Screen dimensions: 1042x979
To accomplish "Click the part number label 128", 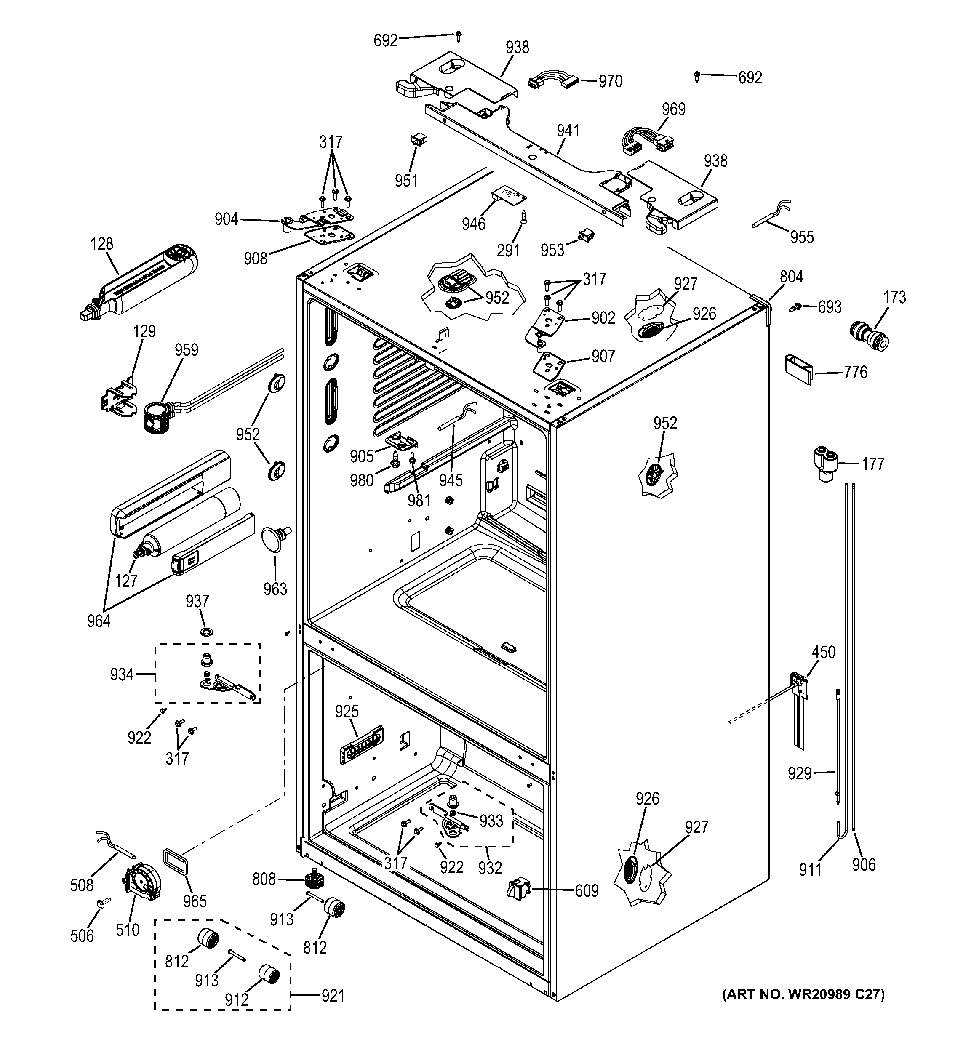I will tap(101, 244).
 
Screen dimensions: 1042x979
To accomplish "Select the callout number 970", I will tap(610, 81).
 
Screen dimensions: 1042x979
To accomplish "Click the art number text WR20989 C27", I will tap(803, 994).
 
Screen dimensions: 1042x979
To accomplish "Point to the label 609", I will tap(587, 890).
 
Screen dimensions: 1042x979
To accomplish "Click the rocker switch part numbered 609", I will tap(518, 890).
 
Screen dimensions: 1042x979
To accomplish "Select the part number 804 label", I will tap(791, 276).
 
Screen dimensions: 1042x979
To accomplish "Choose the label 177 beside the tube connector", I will tap(872, 464).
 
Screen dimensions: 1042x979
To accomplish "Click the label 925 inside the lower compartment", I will tap(347, 711).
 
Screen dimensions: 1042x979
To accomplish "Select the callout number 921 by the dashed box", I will tap(333, 995).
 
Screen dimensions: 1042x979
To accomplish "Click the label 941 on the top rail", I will tap(568, 131).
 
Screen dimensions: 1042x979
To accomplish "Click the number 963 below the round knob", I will tap(275, 589).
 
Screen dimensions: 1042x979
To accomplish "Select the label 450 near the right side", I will tap(823, 652).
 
